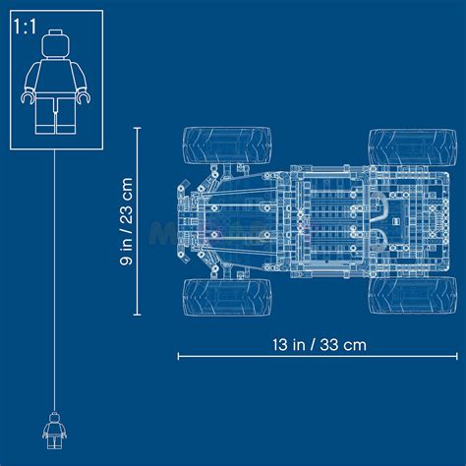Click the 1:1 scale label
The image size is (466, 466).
point(25,27)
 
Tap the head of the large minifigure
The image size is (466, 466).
point(56,45)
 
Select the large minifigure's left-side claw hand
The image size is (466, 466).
point(28,97)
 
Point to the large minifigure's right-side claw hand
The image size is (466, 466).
point(84,97)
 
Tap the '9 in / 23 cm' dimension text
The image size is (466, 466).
point(126,221)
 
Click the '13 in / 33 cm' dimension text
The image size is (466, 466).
point(320,345)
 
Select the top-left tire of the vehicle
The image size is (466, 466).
point(227,146)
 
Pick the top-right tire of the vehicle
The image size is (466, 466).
point(413,147)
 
